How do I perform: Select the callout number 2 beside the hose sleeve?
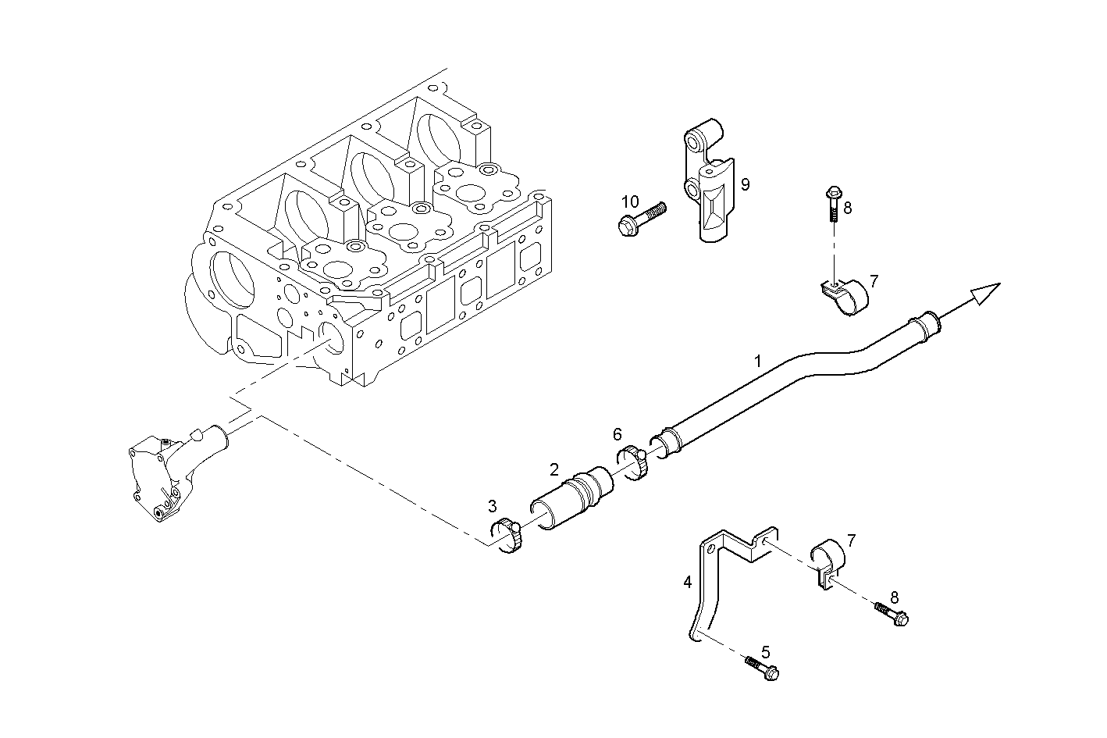(x=553, y=469)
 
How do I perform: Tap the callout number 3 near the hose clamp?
(x=492, y=505)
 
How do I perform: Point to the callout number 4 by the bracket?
(x=687, y=582)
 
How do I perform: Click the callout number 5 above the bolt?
(x=765, y=651)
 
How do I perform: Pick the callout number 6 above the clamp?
(x=617, y=433)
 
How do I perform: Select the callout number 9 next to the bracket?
(x=745, y=184)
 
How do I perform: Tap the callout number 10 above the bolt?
(x=630, y=201)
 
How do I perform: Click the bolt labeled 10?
(x=639, y=218)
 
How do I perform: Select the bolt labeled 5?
(x=763, y=668)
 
